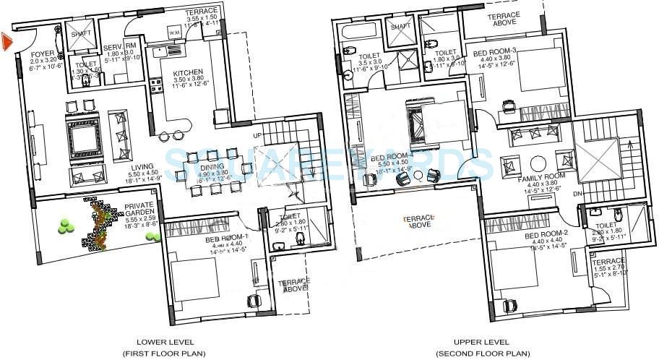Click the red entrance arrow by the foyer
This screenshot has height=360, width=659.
pyautogui.click(x=7, y=42)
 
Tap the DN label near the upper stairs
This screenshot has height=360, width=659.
pyautogui.click(x=575, y=194)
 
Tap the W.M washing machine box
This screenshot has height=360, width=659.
pyautogui.click(x=173, y=33)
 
